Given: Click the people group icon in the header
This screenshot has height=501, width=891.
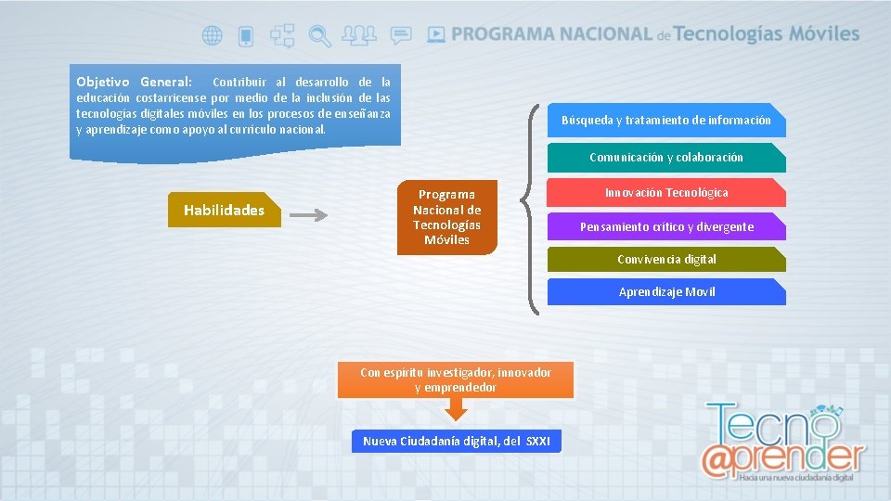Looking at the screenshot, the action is coord(359,35).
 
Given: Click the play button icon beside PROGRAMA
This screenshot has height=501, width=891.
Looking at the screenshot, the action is coord(436,34).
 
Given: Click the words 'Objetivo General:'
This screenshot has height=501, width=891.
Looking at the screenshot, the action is coord(134,83).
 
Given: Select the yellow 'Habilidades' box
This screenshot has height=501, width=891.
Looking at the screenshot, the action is coord(224,211).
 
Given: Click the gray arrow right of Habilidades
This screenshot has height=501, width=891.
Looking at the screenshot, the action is coord(309,216).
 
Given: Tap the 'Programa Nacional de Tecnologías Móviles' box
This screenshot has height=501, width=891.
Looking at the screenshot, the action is coord(447,217).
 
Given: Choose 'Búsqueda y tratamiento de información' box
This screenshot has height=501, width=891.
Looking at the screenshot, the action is coord(665,120).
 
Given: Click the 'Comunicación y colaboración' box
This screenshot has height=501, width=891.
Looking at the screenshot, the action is coord(665,158).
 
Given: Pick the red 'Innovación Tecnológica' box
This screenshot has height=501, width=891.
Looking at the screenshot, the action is coord(665,193).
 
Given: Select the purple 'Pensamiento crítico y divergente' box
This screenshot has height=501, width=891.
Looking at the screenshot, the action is coord(665,227).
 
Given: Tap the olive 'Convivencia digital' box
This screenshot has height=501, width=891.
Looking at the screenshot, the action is coord(665,260).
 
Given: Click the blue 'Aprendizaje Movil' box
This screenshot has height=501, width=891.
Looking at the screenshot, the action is coord(665,292).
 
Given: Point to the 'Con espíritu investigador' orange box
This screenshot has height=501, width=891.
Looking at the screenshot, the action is coord(455,379).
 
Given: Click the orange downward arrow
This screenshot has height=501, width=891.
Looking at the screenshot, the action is coord(455,409).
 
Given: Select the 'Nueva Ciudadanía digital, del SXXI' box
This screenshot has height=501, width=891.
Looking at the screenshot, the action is coord(456,441).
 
